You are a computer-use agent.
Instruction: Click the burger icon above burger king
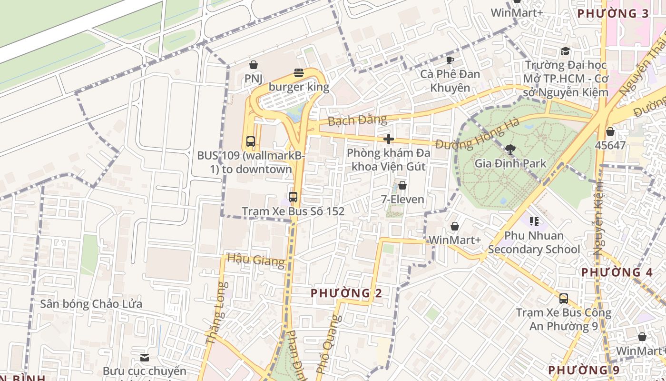pyautogui.click(x=299, y=73)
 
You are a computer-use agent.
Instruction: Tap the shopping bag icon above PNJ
pyautogui.click(x=254, y=64)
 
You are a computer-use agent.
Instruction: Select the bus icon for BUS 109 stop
pyautogui.click(x=251, y=141)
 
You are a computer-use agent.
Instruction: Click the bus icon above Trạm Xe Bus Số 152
pyautogui.click(x=293, y=197)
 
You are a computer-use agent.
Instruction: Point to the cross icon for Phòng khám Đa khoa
pyautogui.click(x=389, y=139)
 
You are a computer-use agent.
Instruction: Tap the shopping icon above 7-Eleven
pyautogui.click(x=402, y=185)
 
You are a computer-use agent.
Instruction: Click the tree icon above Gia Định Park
pyautogui.click(x=510, y=150)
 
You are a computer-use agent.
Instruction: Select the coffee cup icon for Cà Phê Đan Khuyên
pyautogui.click(x=450, y=60)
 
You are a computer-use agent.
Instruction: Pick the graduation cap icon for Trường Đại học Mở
pyautogui.click(x=565, y=51)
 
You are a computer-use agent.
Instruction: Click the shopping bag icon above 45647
pyautogui.click(x=610, y=131)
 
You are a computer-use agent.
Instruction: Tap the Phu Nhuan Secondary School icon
pyautogui.click(x=534, y=221)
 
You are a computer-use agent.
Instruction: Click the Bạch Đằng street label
pyautogui.click(x=357, y=120)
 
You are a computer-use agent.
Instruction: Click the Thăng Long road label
pyautogui.click(x=215, y=313)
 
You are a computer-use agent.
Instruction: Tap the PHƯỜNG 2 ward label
pyautogui.click(x=346, y=293)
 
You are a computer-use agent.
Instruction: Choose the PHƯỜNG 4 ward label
pyautogui.click(x=617, y=272)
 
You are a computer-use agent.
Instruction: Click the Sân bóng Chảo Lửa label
pyautogui.click(x=91, y=304)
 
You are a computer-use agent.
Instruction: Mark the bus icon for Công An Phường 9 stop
pyautogui.click(x=564, y=299)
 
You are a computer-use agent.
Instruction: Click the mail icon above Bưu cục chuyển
pyautogui.click(x=145, y=357)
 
